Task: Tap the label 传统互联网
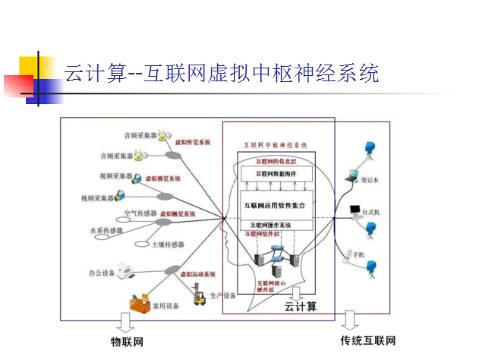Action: pyautogui.click(x=367, y=340)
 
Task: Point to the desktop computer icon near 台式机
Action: pyautogui.click(x=354, y=211)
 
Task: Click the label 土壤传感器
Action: pyautogui.click(x=169, y=245)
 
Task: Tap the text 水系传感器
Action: pyautogui.click(x=106, y=230)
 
